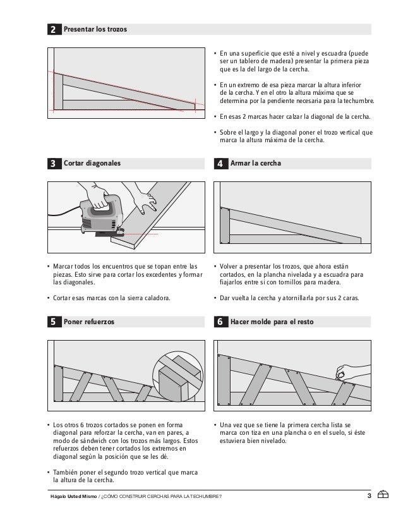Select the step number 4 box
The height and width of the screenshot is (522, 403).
click(220, 163)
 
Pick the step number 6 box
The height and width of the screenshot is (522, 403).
click(220, 322)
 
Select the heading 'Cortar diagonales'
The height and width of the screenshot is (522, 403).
click(92, 163)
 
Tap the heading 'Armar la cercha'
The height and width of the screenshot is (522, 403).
click(256, 163)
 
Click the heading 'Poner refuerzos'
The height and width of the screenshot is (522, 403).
click(89, 322)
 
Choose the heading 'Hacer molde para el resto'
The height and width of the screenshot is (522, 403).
click(272, 322)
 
